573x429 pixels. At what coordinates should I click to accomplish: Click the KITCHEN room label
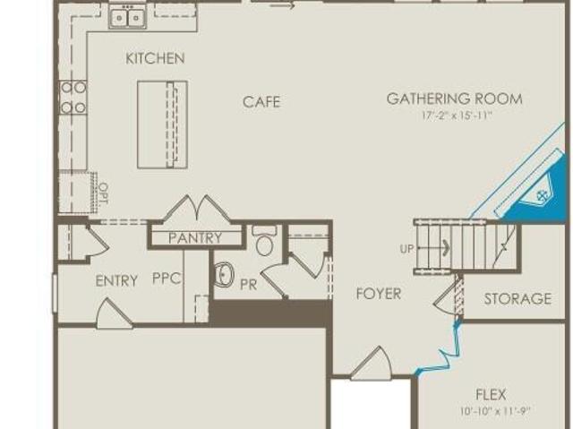(155, 58)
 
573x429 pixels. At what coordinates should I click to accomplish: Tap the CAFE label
(261, 102)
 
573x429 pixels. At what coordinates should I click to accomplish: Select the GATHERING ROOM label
(454, 99)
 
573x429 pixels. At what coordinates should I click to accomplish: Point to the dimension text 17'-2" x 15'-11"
(457, 116)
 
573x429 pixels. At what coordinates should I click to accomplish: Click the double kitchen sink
(127, 17)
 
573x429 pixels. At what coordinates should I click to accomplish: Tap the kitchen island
(162, 124)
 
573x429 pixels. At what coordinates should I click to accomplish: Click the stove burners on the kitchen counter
(73, 98)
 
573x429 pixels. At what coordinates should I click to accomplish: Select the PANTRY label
(195, 238)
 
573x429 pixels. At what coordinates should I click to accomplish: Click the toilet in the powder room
(264, 240)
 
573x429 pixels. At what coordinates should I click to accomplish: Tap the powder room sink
(224, 274)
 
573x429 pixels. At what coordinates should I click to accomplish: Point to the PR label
(249, 285)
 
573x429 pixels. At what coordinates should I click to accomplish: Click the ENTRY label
(116, 281)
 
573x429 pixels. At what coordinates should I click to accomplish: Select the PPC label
(167, 279)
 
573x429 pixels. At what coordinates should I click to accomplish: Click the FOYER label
(379, 294)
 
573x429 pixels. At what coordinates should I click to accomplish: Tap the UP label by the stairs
(406, 249)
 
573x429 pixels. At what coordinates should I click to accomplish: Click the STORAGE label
(517, 299)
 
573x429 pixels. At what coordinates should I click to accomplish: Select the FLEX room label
(491, 395)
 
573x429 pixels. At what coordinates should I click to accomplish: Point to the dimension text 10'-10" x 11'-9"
(495, 411)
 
